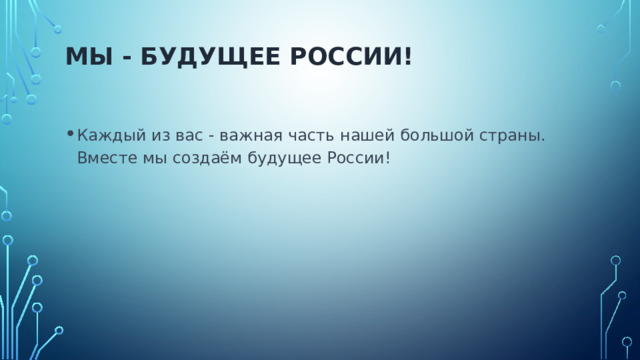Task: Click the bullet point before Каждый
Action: tap(66, 136)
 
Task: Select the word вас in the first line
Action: tap(184, 136)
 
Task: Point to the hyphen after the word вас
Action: tap(208, 137)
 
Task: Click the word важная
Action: tap(247, 136)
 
